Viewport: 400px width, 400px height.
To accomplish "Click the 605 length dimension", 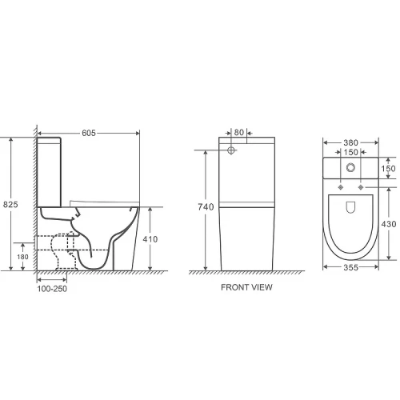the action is [89, 133].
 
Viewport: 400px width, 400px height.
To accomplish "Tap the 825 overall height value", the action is [10, 205].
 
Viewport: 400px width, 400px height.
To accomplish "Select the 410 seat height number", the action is [150, 239].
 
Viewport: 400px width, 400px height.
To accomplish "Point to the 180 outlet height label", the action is [22, 257].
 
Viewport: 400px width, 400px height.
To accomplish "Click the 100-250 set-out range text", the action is [52, 289].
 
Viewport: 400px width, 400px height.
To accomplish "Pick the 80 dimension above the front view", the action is [239, 132].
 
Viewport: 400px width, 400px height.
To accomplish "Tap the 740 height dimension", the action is [206, 207].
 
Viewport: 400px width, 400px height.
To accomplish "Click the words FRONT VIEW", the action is [246, 287].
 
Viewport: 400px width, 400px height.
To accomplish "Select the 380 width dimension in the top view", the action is [350, 143].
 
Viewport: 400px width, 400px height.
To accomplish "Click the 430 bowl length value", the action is [389, 224].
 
